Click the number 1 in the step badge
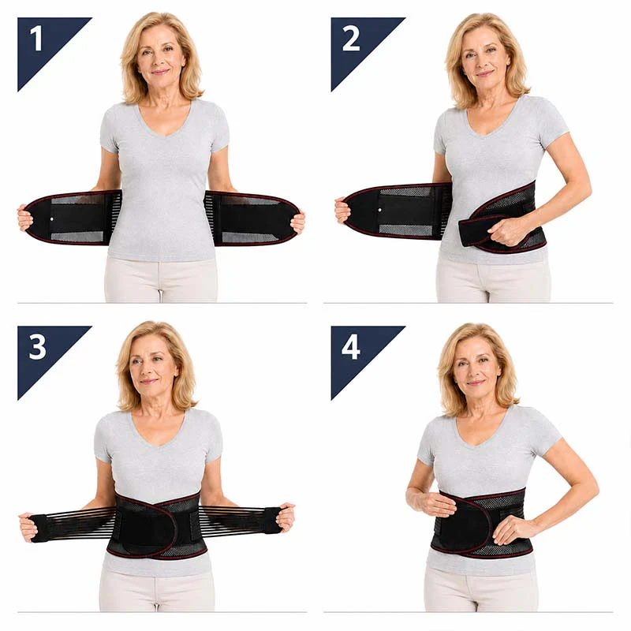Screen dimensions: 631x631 pos(36,39)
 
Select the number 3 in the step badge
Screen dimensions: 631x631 pos(38,347)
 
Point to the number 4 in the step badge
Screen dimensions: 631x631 pos(350,347)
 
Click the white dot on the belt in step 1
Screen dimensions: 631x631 pos(51,219)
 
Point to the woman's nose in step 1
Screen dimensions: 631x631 pos(160,61)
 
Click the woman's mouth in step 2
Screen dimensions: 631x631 pos(484,74)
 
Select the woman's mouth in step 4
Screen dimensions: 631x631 pos(476,383)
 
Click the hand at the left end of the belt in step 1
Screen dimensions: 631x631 pos(25,218)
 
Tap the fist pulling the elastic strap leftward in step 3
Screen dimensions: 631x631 pos(28,526)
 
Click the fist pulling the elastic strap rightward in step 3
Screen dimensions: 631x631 pos(286,517)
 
